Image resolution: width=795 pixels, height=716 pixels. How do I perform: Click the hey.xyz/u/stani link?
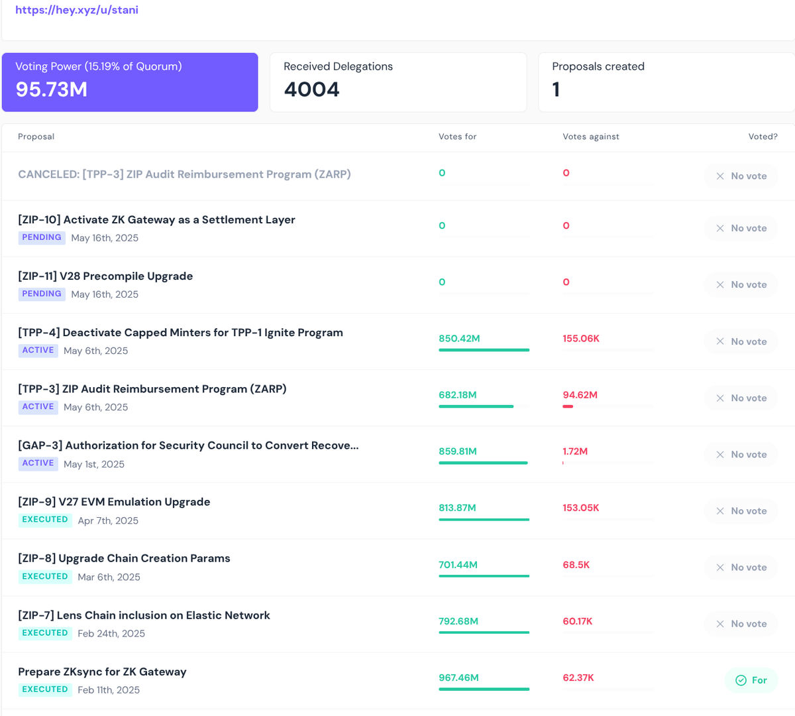click(x=77, y=9)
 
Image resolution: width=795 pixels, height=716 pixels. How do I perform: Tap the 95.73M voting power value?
click(x=52, y=89)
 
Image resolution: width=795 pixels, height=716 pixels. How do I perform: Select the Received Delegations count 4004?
click(x=311, y=89)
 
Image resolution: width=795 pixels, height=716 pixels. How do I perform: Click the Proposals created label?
click(x=598, y=66)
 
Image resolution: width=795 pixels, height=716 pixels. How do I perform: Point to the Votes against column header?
click(x=590, y=137)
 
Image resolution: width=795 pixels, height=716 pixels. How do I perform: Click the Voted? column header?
click(x=763, y=137)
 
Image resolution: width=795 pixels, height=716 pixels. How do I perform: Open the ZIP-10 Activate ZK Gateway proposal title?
click(x=156, y=219)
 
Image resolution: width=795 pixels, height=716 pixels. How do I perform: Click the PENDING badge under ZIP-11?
click(x=42, y=294)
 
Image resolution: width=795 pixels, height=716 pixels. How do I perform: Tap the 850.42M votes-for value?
click(x=459, y=338)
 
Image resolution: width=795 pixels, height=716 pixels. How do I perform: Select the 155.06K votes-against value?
click(x=581, y=338)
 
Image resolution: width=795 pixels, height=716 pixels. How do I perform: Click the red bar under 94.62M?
click(x=568, y=406)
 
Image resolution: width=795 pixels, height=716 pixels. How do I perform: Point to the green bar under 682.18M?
click(x=476, y=406)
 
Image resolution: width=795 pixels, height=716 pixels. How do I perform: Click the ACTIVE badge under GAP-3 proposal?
click(x=38, y=463)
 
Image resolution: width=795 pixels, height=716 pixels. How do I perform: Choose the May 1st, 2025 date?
click(x=94, y=463)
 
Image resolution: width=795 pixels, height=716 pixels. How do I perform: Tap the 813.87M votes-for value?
click(x=457, y=508)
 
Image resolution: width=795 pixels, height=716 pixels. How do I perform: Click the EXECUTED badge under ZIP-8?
click(x=45, y=576)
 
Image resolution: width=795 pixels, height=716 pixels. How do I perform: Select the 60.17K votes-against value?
click(x=578, y=621)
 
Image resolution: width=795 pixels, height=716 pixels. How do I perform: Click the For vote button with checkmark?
click(x=751, y=680)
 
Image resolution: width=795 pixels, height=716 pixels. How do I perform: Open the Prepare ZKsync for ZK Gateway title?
click(x=102, y=672)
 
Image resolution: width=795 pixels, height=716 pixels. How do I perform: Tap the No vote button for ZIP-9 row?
click(x=741, y=511)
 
